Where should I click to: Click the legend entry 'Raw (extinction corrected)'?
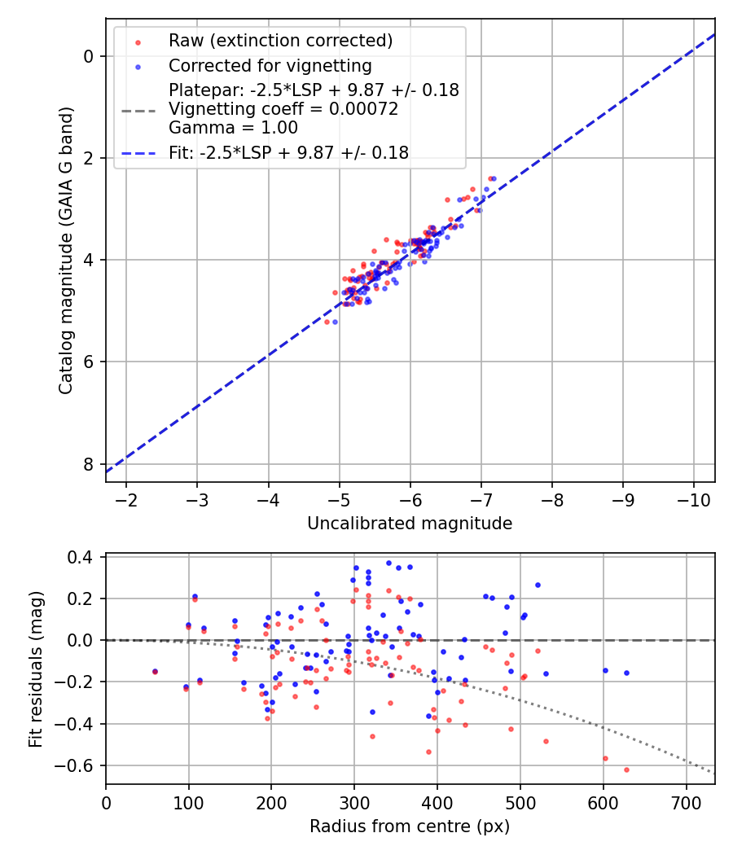280,41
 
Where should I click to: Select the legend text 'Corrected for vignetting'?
270,65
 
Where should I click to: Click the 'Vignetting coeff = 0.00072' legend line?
283,109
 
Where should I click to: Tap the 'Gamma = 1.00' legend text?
233,127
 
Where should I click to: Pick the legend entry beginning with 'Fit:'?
288,152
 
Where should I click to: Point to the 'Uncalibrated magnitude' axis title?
410,524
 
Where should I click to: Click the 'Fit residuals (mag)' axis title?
35,669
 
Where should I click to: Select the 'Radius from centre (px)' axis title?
410,826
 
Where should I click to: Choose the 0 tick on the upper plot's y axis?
89,56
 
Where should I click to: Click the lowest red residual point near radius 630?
626,769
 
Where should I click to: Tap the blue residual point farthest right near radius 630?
626,673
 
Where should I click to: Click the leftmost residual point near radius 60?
155,672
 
